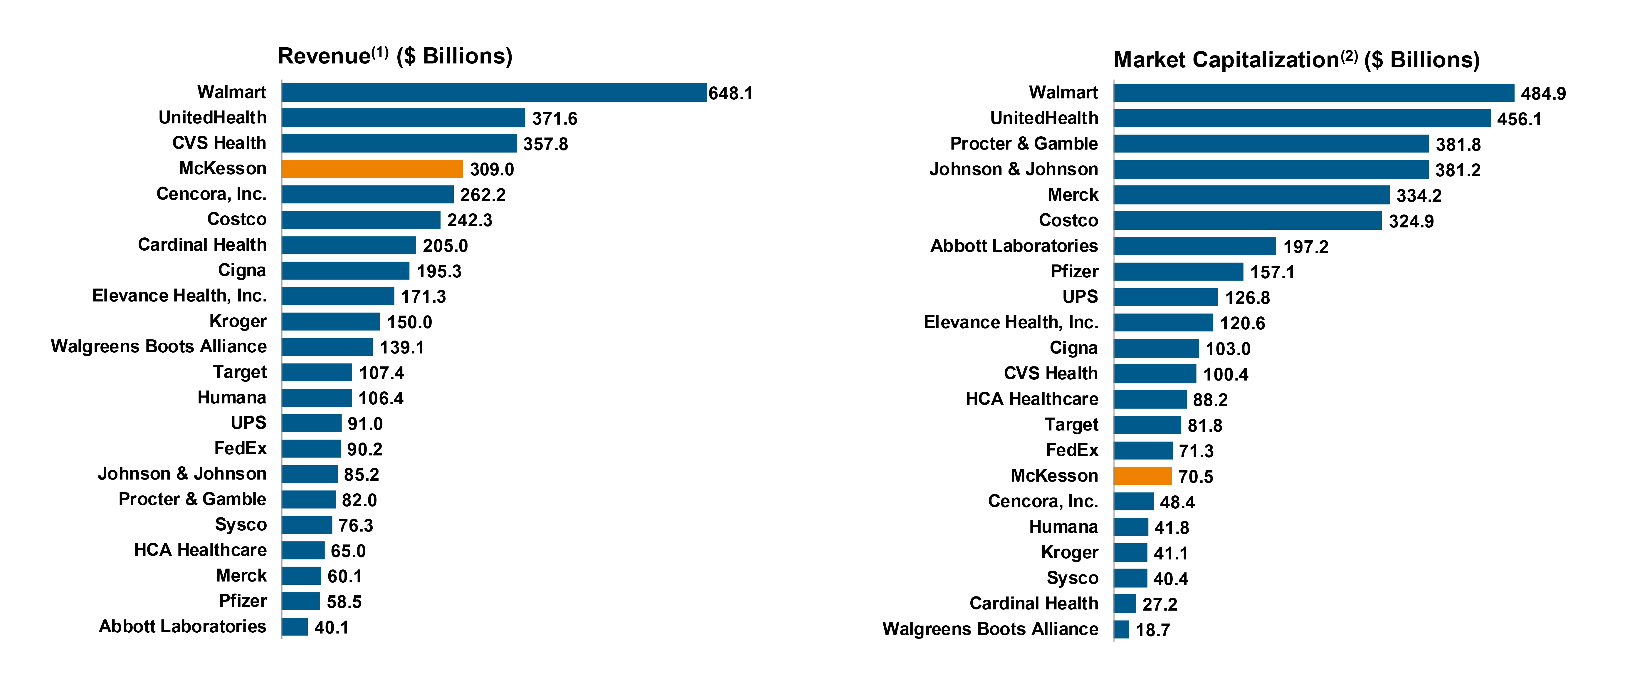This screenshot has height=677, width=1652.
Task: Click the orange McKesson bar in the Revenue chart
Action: click(372, 169)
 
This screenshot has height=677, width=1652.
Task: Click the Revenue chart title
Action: click(395, 56)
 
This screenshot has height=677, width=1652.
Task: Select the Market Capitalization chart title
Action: click(1296, 60)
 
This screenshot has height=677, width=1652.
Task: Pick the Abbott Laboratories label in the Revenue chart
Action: click(183, 626)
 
